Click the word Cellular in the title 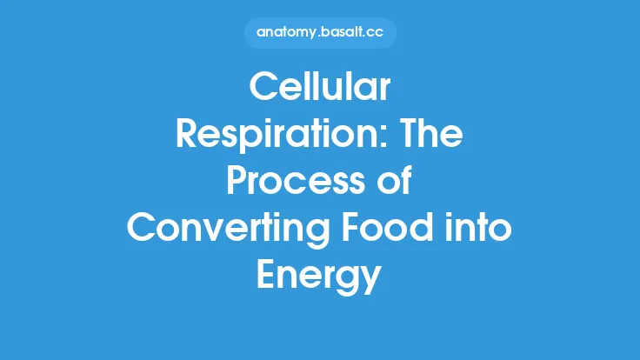pyautogui.click(x=319, y=90)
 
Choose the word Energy pyautogui.click(x=319, y=277)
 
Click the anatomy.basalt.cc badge pyautogui.click(x=319, y=32)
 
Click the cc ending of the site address pyautogui.click(x=373, y=33)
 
